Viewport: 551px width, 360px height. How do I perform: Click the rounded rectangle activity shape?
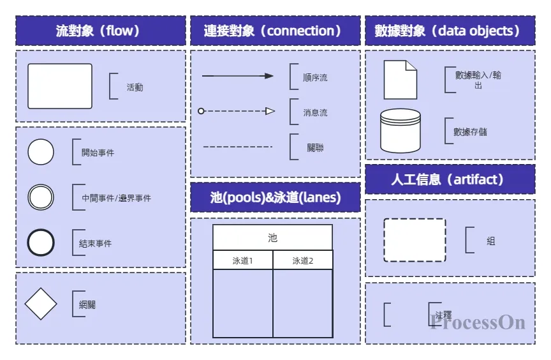click(x=60, y=86)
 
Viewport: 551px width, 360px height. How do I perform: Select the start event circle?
click(x=41, y=152)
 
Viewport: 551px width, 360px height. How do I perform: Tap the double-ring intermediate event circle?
click(x=41, y=197)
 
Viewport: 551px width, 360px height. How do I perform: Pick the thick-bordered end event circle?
click(x=41, y=243)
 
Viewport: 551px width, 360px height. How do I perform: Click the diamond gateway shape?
click(x=41, y=304)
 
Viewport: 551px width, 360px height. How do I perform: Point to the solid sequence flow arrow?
click(x=237, y=76)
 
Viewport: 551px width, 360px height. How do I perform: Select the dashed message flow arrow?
click(x=237, y=111)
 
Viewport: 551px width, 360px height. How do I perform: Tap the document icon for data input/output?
click(x=400, y=80)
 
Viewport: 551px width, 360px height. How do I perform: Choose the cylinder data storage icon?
click(x=400, y=130)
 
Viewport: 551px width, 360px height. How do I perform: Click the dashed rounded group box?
click(x=415, y=240)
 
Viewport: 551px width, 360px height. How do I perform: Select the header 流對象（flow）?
click(x=101, y=31)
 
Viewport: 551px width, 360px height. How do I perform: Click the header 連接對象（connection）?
click(x=275, y=31)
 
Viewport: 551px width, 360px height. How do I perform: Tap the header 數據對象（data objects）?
click(x=450, y=31)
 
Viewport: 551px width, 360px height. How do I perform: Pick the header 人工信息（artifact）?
click(x=450, y=179)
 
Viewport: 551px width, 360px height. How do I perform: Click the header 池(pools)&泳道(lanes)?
click(x=275, y=197)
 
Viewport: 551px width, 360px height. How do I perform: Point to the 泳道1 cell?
click(x=242, y=260)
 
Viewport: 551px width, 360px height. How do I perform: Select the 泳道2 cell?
click(x=303, y=260)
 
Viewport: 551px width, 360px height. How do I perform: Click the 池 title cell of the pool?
click(x=272, y=237)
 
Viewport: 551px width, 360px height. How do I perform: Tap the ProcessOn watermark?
click(x=478, y=322)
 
